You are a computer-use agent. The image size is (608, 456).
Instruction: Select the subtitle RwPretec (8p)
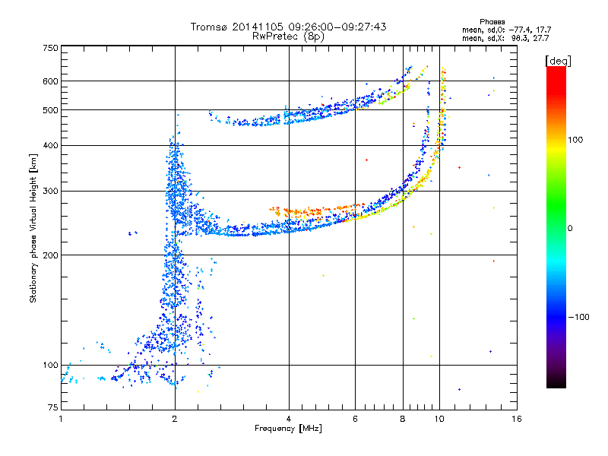tap(288, 36)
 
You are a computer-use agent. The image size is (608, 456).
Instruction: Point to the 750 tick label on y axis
tap(50, 48)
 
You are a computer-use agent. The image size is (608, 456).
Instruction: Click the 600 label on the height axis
tap(50, 81)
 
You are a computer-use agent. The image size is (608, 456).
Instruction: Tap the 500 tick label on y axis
tap(50, 110)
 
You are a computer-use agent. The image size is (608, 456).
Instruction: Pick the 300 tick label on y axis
tap(50, 191)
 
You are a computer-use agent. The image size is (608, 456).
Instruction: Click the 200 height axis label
tap(50, 255)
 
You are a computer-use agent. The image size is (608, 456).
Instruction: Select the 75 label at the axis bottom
tap(53, 407)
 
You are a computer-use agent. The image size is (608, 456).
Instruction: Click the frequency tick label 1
tap(61, 419)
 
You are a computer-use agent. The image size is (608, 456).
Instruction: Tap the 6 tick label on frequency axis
tap(355, 419)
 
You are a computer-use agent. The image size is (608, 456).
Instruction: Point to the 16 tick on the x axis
tap(517, 419)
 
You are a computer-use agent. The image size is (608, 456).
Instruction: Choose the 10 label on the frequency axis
tap(439, 419)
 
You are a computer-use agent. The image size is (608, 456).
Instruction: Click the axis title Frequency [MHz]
tap(288, 429)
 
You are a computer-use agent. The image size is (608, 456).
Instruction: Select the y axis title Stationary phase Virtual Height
tap(33, 228)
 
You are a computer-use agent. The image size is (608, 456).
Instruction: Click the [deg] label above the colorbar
tap(558, 61)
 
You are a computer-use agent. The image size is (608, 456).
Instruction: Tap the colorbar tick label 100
tap(575, 140)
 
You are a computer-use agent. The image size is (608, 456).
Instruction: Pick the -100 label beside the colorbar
tap(578, 317)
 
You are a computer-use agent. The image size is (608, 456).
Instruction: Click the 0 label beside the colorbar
tap(570, 229)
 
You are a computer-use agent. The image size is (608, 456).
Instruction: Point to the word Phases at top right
tap(492, 22)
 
